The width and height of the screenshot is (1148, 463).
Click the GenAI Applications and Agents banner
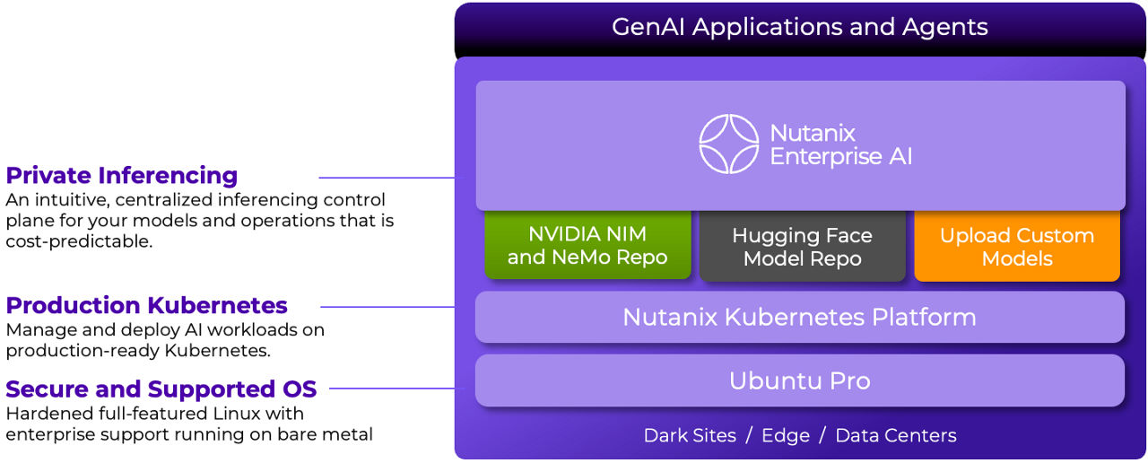pyautogui.click(x=799, y=27)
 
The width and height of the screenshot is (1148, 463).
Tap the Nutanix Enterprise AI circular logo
pyautogui.click(x=729, y=144)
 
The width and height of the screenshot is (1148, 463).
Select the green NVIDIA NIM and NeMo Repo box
pyautogui.click(x=587, y=246)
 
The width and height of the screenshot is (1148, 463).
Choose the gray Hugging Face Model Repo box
pyautogui.click(x=802, y=247)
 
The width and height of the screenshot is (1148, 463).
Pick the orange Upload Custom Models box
pyautogui.click(x=1017, y=247)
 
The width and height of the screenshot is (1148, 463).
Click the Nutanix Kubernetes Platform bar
pyautogui.click(x=799, y=317)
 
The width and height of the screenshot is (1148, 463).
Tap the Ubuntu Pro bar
pyautogui.click(x=799, y=380)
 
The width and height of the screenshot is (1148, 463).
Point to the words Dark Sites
pyautogui.click(x=690, y=436)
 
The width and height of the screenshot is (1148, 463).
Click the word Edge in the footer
pyautogui.click(x=786, y=436)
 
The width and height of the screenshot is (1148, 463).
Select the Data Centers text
pyautogui.click(x=895, y=436)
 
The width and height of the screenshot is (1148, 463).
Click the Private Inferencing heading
pyautogui.click(x=122, y=175)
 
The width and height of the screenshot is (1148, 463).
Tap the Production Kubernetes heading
pyautogui.click(x=147, y=305)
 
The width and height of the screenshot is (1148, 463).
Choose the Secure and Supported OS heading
pyautogui.click(x=161, y=389)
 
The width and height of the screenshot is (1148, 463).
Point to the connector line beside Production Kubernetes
pyautogui.click(x=387, y=307)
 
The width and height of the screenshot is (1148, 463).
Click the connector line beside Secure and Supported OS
pyautogui.click(x=393, y=389)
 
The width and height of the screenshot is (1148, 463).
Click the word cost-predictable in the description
pyautogui.click(x=77, y=242)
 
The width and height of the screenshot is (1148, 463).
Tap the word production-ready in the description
pyautogui.click(x=78, y=352)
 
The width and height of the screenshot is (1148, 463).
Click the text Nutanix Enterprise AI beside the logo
pyautogui.click(x=840, y=144)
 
